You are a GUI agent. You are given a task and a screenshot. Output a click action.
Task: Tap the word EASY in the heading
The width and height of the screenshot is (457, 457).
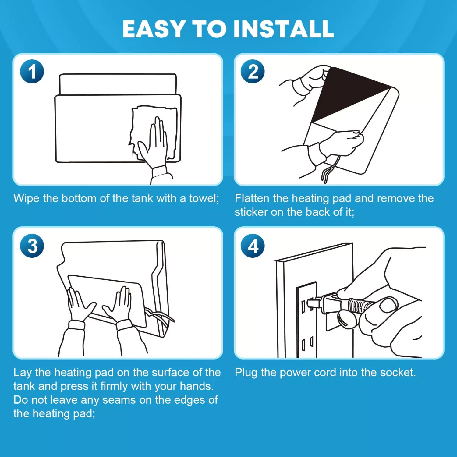coord(154,29)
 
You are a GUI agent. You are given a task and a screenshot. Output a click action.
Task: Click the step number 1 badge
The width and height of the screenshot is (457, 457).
coord(32,72)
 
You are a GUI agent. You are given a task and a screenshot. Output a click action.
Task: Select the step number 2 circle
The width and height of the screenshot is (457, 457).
coord(253,72)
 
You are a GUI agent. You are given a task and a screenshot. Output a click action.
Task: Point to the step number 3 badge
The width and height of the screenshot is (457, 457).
coord(32,246)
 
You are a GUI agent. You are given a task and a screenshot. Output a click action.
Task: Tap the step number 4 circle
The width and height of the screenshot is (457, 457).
coord(253,246)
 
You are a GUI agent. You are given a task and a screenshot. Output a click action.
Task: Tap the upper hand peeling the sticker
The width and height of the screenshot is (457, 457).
coord(311,79)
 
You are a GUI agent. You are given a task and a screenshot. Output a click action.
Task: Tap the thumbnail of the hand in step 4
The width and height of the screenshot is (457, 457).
coord(388,305)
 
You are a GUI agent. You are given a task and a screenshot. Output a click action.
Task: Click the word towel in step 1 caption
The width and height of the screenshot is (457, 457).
coord(204,198)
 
